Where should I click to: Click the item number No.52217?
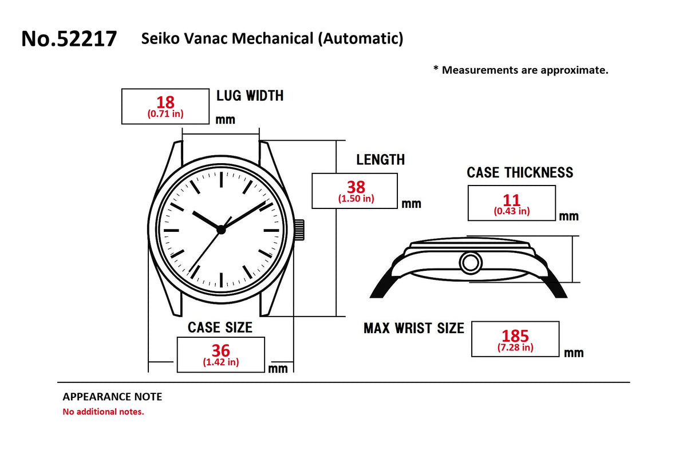pyautogui.click(x=69, y=39)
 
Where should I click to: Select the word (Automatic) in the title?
pyautogui.click(x=361, y=39)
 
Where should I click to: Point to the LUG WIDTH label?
pyautogui.click(x=250, y=96)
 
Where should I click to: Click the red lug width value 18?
pyautogui.click(x=165, y=102)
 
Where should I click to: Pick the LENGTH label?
pyautogui.click(x=381, y=160)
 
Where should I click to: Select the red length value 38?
pyautogui.click(x=356, y=187)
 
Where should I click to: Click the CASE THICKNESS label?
pyautogui.click(x=520, y=172)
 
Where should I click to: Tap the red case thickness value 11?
pyautogui.click(x=511, y=200)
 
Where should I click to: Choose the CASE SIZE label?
pyautogui.click(x=220, y=327)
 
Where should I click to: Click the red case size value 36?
pyautogui.click(x=220, y=350)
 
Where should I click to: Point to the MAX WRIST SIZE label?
pyautogui.click(x=414, y=328)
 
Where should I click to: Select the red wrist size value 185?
pyautogui.click(x=515, y=336)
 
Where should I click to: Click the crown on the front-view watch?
pyautogui.click(x=299, y=230)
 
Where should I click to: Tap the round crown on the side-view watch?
pyautogui.click(x=471, y=263)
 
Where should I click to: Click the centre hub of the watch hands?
pyautogui.click(x=221, y=230)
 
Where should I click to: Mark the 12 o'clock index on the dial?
pyautogui.click(x=221, y=179)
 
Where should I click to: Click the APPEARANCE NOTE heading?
pyautogui.click(x=112, y=397)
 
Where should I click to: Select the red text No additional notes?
pyautogui.click(x=104, y=412)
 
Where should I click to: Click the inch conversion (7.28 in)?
pyautogui.click(x=515, y=348)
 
